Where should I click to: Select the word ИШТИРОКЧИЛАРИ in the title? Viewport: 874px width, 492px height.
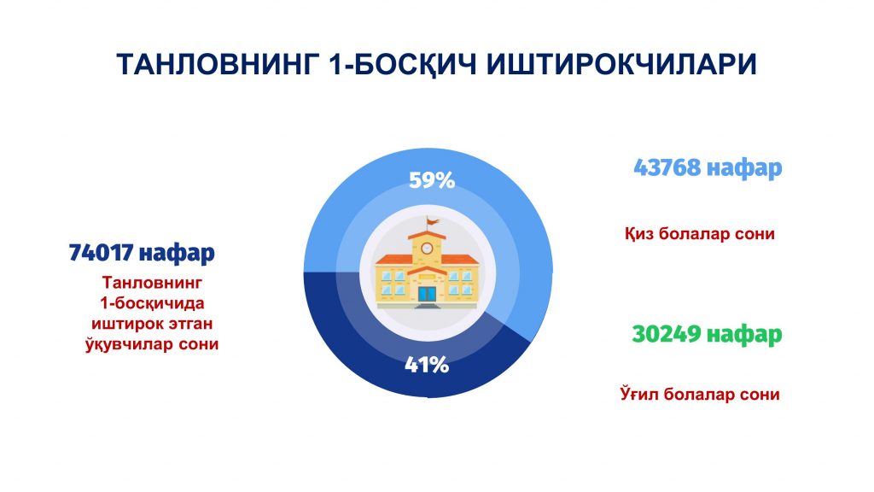(621, 64)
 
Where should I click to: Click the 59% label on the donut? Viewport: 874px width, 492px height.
(432, 180)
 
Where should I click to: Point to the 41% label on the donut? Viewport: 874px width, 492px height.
(427, 365)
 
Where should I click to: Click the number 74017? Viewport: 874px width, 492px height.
(101, 252)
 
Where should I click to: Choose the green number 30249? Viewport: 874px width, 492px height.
(666, 334)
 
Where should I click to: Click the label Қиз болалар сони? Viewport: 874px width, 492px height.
(700, 233)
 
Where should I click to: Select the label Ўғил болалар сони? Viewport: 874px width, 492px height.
(700, 394)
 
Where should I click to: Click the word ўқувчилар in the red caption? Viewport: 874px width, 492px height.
(129, 343)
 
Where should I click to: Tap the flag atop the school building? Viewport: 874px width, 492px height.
(432, 222)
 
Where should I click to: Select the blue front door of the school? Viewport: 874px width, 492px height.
(428, 295)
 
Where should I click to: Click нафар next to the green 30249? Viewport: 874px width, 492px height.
(744, 335)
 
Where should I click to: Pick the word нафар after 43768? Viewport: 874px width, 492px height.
(744, 167)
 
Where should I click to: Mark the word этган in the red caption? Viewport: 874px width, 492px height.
(185, 324)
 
